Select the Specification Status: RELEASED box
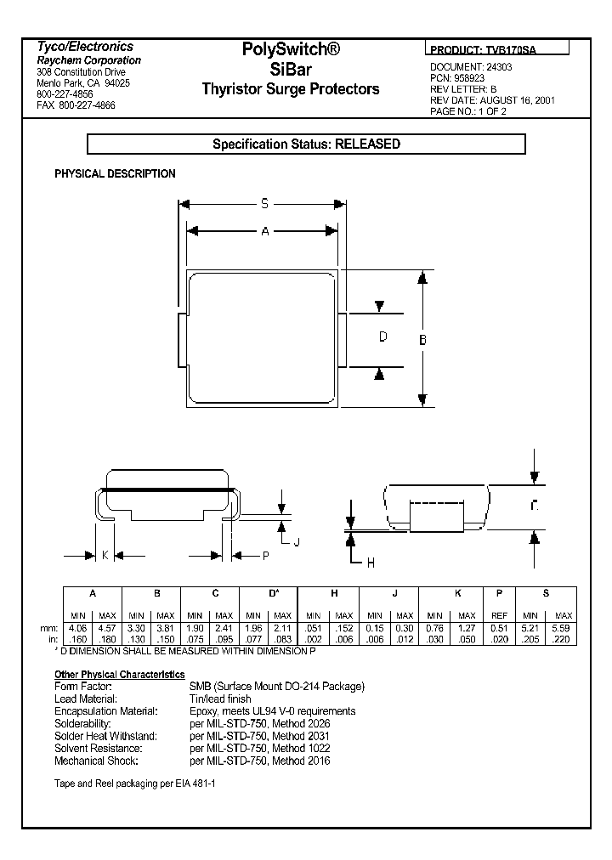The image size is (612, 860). tap(306, 144)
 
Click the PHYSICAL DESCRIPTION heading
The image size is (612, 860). tap(115, 173)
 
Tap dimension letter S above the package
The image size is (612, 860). tap(264, 203)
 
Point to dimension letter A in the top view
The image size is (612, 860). tap(264, 230)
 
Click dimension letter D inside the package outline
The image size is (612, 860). tap(382, 337)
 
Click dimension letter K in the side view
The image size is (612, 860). tap(105, 555)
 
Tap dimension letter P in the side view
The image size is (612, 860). tap(265, 555)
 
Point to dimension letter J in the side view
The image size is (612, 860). tap(297, 540)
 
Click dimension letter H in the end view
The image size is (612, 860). tap(370, 562)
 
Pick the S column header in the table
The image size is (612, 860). tap(546, 593)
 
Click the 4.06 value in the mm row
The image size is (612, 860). tap(78, 626)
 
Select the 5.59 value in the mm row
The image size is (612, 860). tap(563, 626)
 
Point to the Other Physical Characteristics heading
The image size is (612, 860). tap(120, 674)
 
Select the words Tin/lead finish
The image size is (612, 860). tap(220, 699)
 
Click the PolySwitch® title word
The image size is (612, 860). tap(291, 51)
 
